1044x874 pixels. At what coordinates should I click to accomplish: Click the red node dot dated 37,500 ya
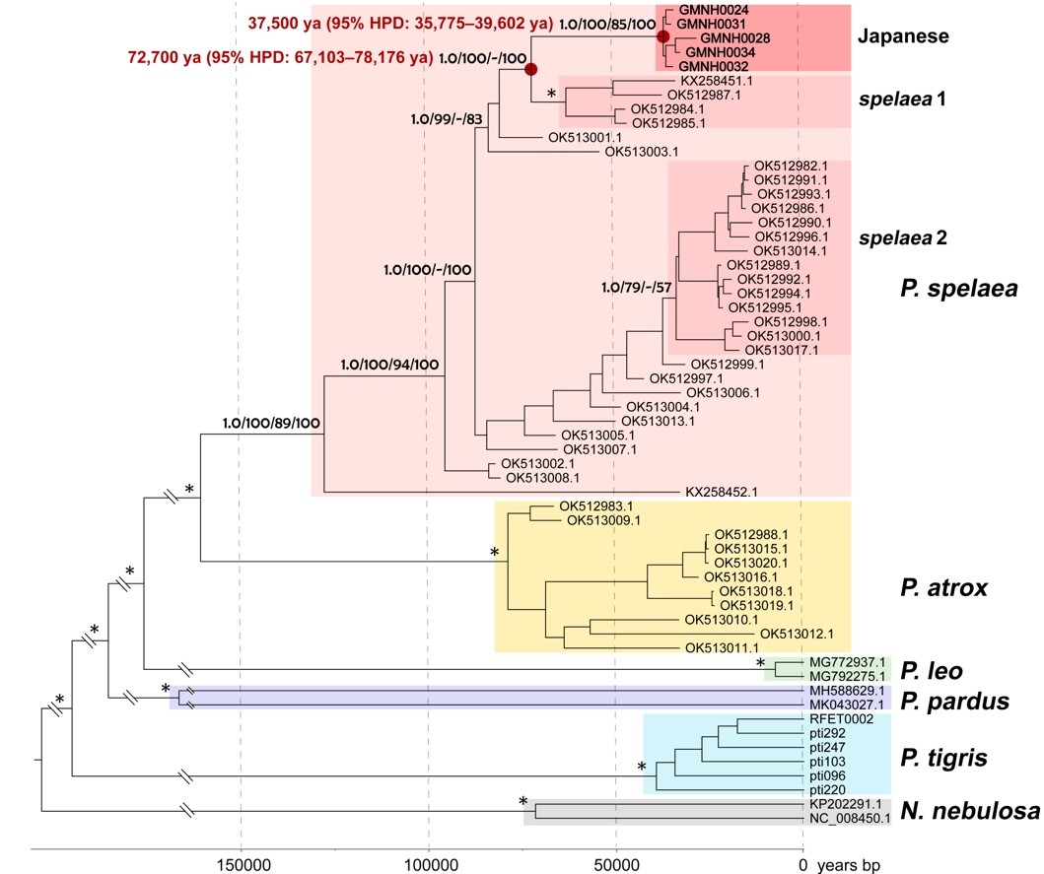tap(663, 35)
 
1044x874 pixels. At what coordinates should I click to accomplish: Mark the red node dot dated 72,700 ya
tap(530, 69)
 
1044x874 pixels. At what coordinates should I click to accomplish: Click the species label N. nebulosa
tap(969, 812)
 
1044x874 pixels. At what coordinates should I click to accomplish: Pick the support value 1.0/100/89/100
tap(272, 424)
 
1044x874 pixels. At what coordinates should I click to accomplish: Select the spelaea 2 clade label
tap(902, 237)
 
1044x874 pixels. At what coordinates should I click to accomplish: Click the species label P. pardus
tap(954, 701)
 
